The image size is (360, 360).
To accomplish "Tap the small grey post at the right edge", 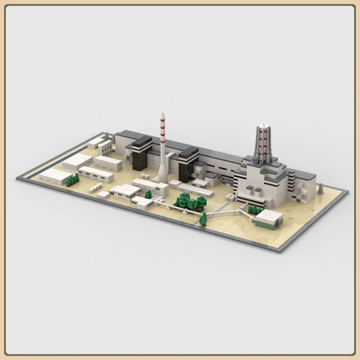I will pos(320,189).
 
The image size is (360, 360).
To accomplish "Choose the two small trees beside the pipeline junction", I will pos(203,219).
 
